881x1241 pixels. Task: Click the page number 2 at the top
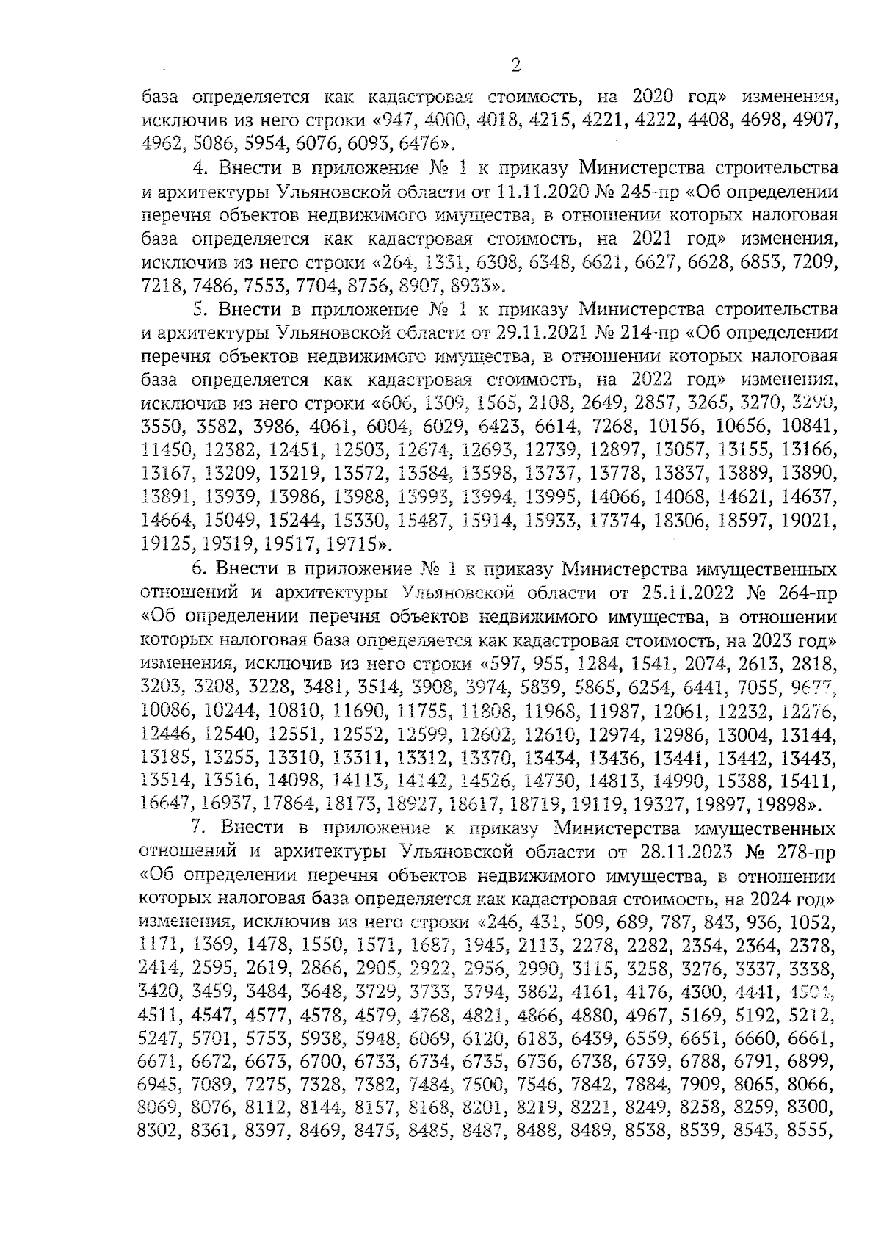point(515,67)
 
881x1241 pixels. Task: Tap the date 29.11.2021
point(537,333)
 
